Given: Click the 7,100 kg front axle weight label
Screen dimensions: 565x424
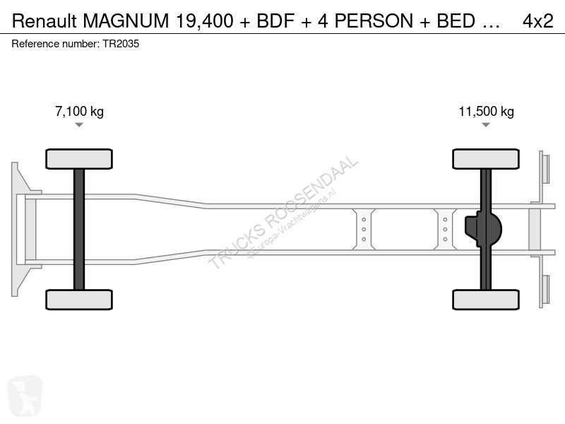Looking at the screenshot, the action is point(79,112).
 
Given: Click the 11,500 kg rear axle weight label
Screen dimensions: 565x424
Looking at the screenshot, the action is point(486,112).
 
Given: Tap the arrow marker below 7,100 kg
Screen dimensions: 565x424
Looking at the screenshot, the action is point(79,125).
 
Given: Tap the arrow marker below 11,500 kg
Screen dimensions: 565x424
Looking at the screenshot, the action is point(486,125).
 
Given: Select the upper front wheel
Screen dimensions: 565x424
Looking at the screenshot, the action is point(79,159).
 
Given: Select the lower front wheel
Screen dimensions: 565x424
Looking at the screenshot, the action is point(79,300).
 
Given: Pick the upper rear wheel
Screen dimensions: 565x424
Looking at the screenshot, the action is point(486,159).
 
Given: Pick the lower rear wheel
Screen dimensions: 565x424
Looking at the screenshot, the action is point(486,300).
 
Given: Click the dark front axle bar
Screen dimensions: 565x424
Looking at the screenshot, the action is point(79,229).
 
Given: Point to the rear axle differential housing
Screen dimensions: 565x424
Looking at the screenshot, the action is point(483,229).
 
